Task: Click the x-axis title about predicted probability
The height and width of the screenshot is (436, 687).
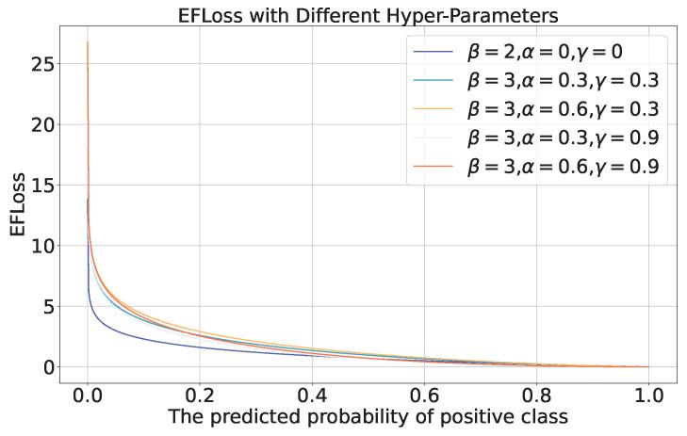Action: pos(368,416)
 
